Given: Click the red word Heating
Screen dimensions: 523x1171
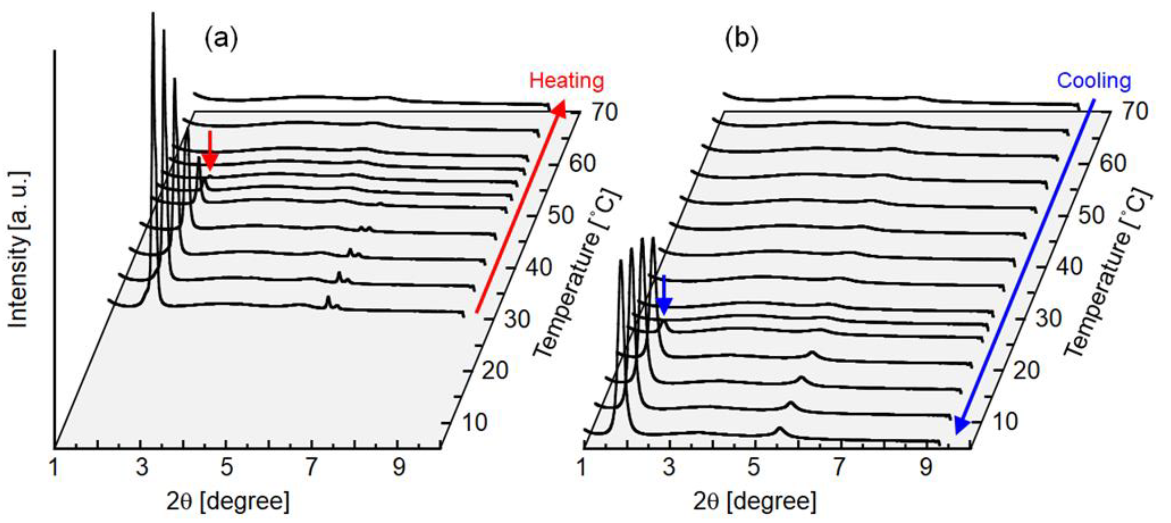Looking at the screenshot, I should pyautogui.click(x=566, y=81).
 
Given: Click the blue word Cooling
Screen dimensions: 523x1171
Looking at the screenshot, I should pyautogui.click(x=1094, y=81).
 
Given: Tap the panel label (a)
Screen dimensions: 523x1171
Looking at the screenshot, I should pyautogui.click(x=221, y=39).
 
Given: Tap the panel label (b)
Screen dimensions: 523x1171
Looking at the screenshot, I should pyautogui.click(x=741, y=39).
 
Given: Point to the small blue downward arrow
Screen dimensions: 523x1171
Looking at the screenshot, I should pyautogui.click(x=664, y=295).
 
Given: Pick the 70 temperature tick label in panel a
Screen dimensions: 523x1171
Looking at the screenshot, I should pyautogui.click(x=604, y=112).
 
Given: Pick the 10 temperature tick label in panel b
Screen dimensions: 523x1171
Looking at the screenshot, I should pyautogui.click(x=1005, y=422).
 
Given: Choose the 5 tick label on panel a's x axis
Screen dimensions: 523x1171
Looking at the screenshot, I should pyautogui.click(x=227, y=467).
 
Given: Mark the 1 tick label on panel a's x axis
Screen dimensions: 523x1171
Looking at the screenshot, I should pyautogui.click(x=54, y=467).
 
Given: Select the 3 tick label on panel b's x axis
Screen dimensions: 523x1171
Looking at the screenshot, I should pyautogui.click(x=669, y=467).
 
